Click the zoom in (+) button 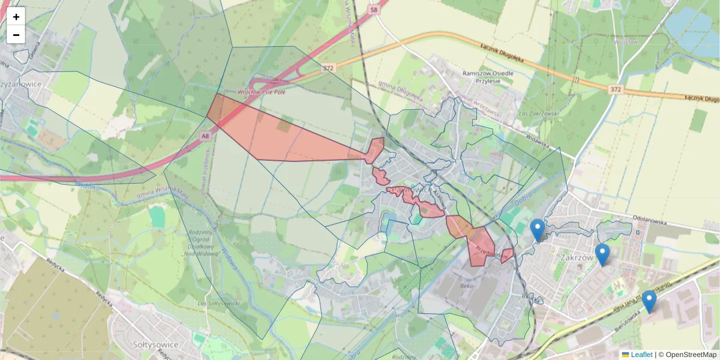pyautogui.click(x=16, y=17)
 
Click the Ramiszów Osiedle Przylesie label pyautogui.click(x=488, y=77)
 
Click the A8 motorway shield pyautogui.click(x=206, y=136)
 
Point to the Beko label pyautogui.click(x=466, y=287)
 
